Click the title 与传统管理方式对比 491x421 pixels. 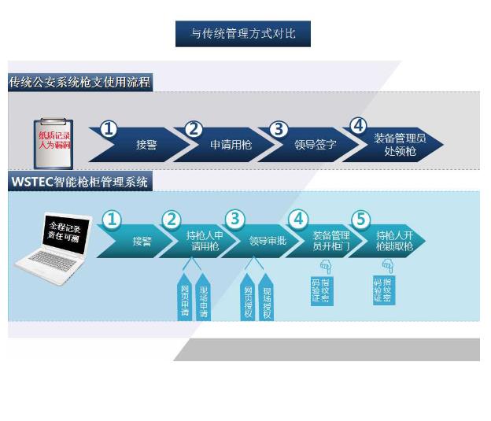click(x=243, y=34)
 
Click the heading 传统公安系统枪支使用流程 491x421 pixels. click(x=79, y=82)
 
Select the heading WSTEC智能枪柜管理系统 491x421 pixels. click(x=80, y=182)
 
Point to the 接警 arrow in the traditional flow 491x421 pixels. click(x=142, y=145)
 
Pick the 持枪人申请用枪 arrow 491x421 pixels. click(x=205, y=241)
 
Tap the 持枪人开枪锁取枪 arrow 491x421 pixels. click(x=393, y=241)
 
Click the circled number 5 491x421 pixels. click(x=361, y=220)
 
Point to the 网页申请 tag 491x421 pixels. click(x=186, y=297)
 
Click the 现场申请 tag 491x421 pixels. click(x=203, y=297)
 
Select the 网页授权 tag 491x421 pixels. click(x=248, y=297)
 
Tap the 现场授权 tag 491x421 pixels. click(x=266, y=297)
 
